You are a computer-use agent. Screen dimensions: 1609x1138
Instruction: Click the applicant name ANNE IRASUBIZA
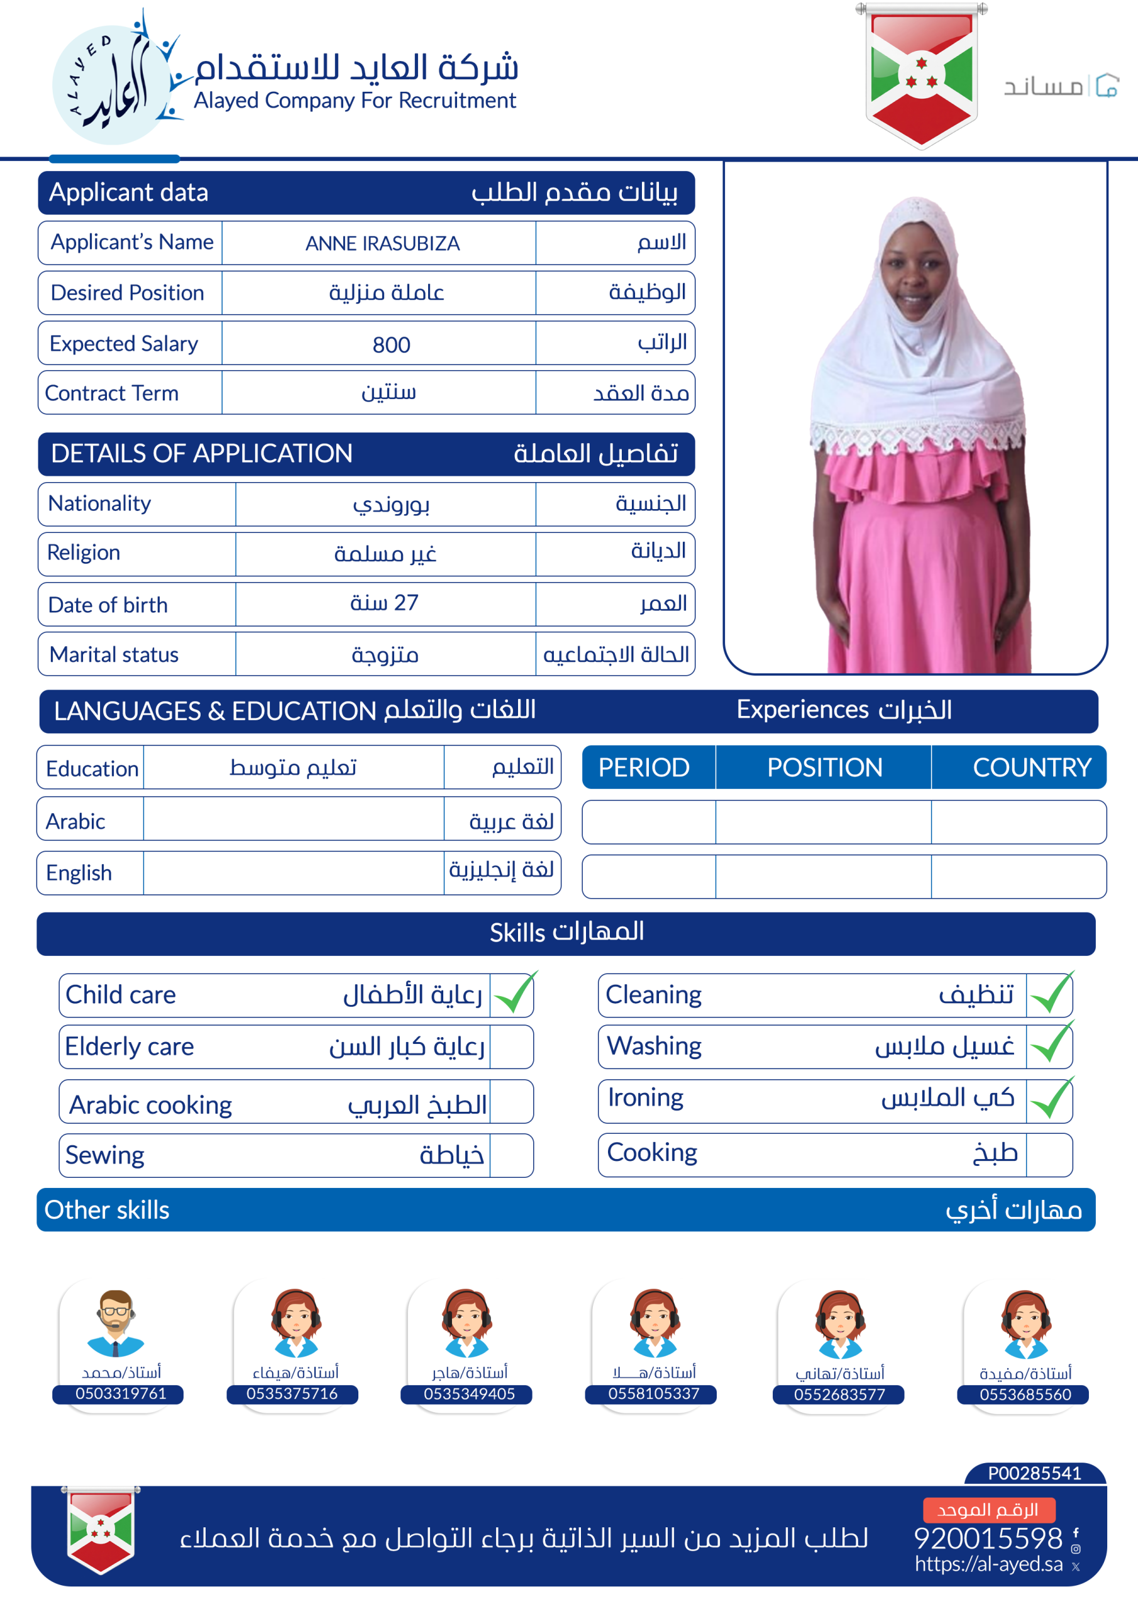(x=382, y=243)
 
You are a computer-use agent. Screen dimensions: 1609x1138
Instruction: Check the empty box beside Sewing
(x=511, y=1155)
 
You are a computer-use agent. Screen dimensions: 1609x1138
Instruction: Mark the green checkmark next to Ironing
(x=1051, y=1099)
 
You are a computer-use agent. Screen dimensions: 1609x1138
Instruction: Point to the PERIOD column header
(x=644, y=767)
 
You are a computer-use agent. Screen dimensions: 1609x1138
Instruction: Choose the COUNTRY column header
(x=1031, y=767)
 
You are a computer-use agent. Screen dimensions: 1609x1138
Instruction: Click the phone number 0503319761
(x=121, y=1393)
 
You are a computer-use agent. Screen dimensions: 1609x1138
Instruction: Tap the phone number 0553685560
(x=1024, y=1394)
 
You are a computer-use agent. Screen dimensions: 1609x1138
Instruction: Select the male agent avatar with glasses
(x=116, y=1322)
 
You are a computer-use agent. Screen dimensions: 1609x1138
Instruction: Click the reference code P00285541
(x=1034, y=1473)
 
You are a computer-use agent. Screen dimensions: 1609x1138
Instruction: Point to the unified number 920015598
(x=988, y=1538)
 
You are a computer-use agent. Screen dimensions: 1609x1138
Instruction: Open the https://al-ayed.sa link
(x=988, y=1564)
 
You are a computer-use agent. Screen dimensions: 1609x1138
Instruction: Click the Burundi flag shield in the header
(x=920, y=75)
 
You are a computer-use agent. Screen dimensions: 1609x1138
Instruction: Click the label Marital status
(x=114, y=654)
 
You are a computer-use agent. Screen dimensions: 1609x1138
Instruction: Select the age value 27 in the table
(x=384, y=603)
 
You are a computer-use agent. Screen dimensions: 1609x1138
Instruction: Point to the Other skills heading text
(x=107, y=1209)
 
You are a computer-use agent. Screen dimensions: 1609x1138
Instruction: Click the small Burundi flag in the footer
(x=101, y=1529)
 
